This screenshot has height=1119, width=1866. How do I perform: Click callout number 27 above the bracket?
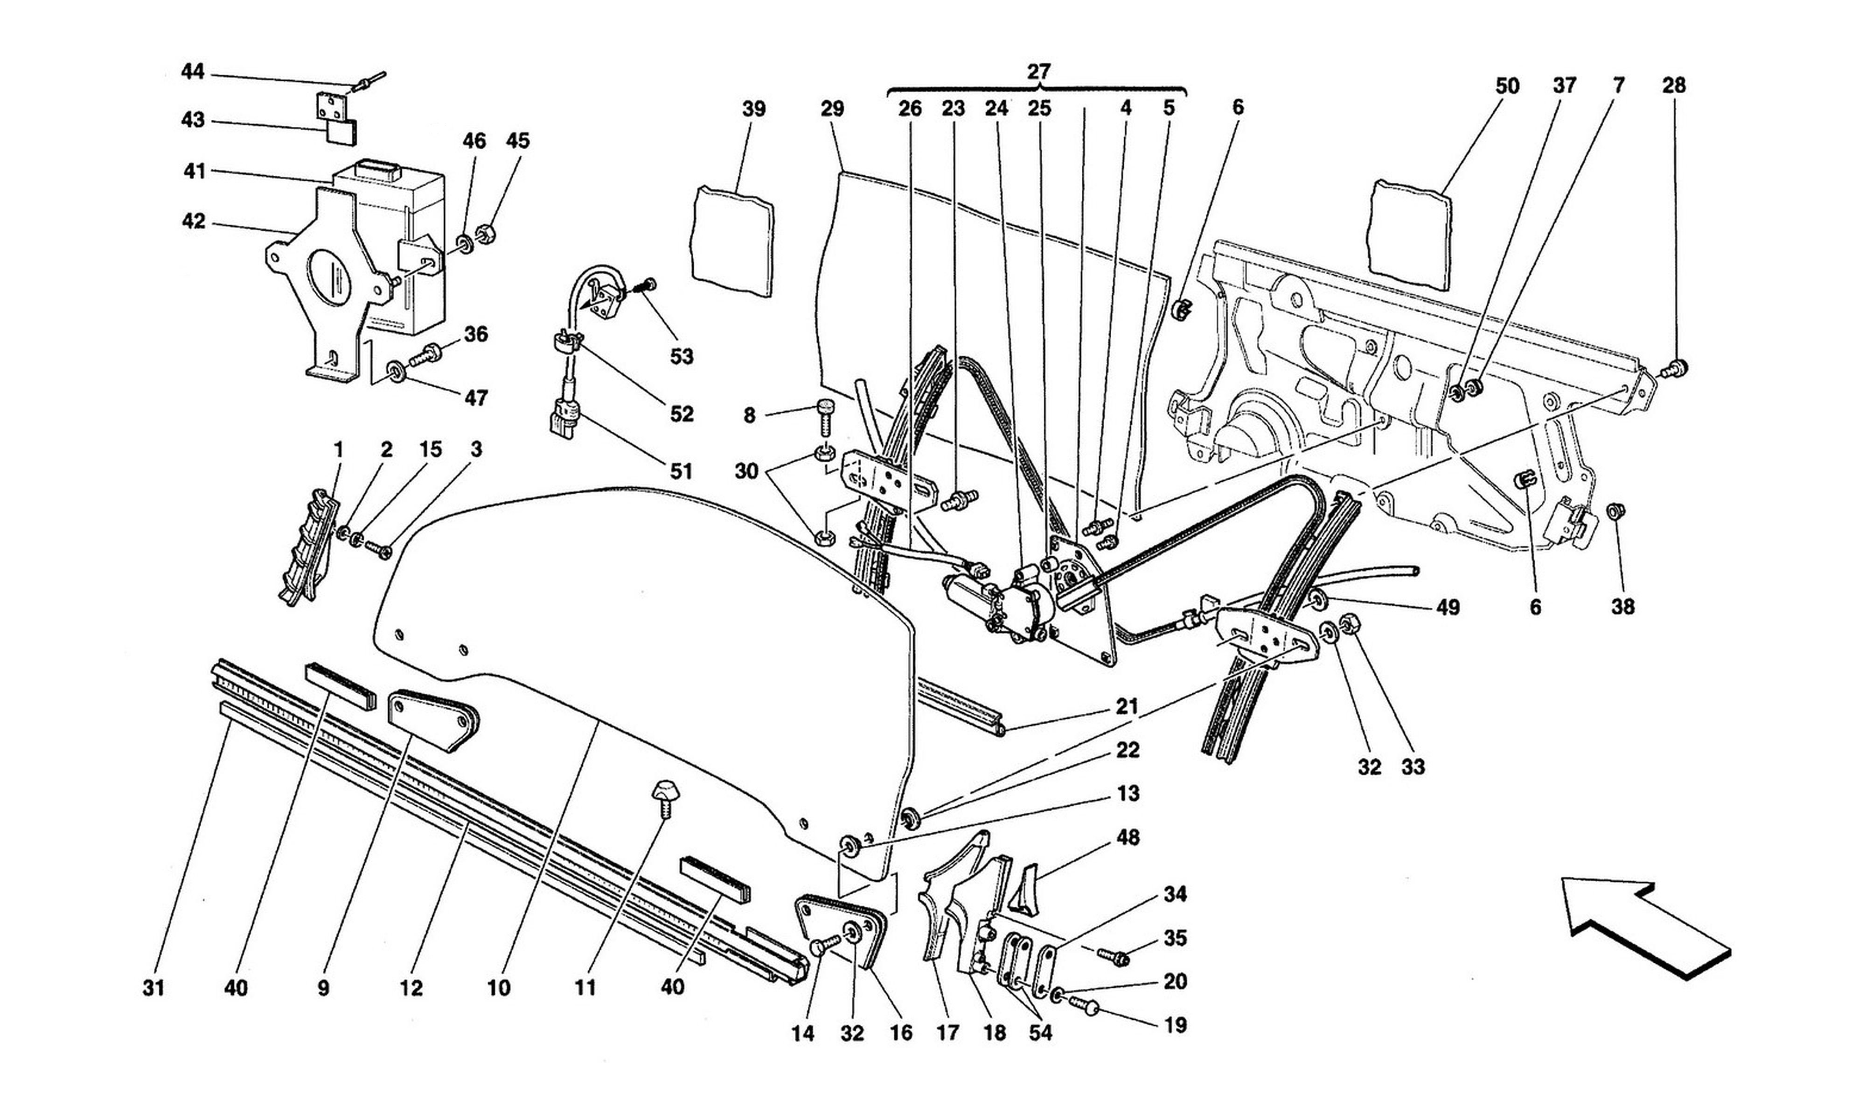point(1038,72)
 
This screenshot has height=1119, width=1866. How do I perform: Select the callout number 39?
point(753,110)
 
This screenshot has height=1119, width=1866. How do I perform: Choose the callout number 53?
point(681,356)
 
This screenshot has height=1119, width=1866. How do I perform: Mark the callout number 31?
point(154,988)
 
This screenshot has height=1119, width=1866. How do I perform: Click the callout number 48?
point(1128,837)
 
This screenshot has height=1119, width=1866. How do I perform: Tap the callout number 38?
point(1622,606)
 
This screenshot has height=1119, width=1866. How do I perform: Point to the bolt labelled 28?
point(1672,369)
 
